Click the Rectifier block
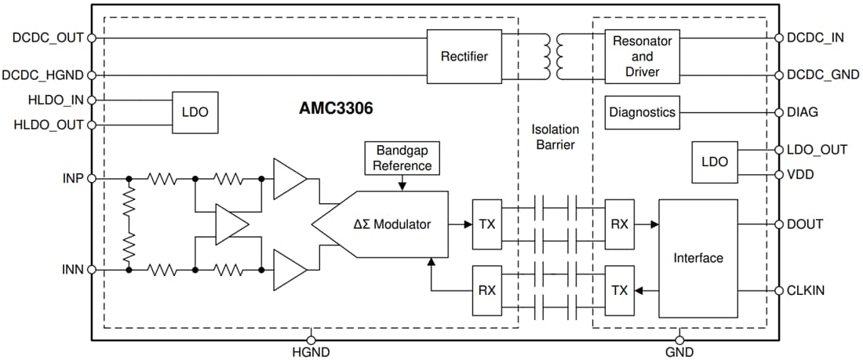pyautogui.click(x=464, y=56)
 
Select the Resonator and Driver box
pyautogui.click(x=643, y=56)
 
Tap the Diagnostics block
pyautogui.click(x=642, y=112)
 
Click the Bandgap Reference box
pyautogui.click(x=402, y=158)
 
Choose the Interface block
pyautogui.click(x=697, y=257)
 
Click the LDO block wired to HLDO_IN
pyautogui.click(x=195, y=112)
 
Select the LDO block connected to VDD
pyautogui.click(x=714, y=162)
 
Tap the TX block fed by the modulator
pyautogui.click(x=486, y=224)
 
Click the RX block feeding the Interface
pyautogui.click(x=619, y=224)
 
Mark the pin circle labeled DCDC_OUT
pyautogui.click(x=92, y=38)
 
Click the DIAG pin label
pyautogui.click(x=803, y=112)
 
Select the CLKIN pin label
pyautogui.click(x=806, y=290)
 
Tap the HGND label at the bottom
pyautogui.click(x=311, y=352)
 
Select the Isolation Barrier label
pyautogui.click(x=554, y=136)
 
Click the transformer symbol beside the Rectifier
pyautogui.click(x=553, y=56)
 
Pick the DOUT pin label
pyautogui.click(x=805, y=224)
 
